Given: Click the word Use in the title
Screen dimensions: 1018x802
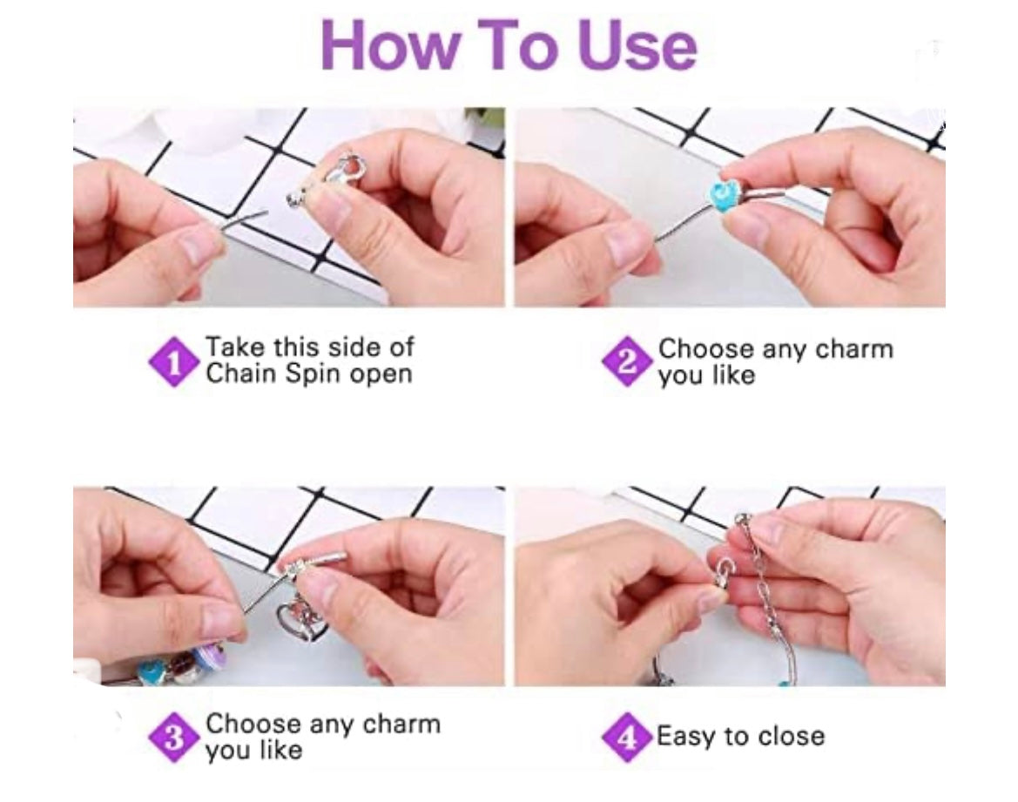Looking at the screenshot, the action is pos(637,44).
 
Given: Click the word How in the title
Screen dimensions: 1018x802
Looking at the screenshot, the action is pos(388,44).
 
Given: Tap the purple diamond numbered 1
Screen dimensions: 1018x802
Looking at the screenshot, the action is pos(173,361).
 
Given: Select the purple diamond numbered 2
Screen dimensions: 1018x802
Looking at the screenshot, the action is pos(626,361).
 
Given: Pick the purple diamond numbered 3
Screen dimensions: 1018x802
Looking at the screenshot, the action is pos(173,737).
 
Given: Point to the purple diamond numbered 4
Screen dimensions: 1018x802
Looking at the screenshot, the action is pos(626,737).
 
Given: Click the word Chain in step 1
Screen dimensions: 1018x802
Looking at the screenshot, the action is pos(241,374).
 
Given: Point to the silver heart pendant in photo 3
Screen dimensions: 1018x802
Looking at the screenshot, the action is pos(300,620).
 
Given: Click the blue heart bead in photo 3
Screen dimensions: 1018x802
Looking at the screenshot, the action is pos(151,671).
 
